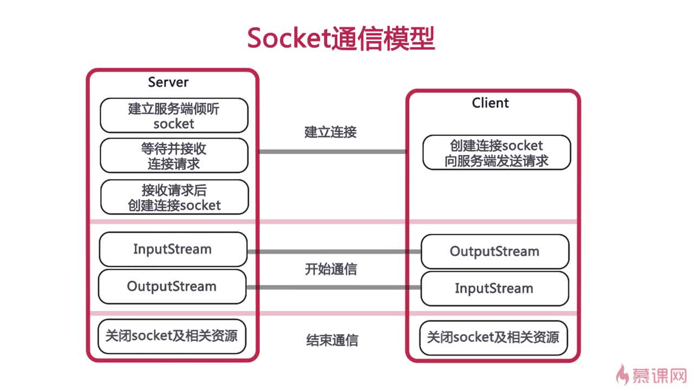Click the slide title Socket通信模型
[341, 38]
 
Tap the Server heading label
[168, 82]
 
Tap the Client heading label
[490, 103]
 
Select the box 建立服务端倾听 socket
[174, 116]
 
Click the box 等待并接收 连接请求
[174, 155]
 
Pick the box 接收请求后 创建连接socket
[174, 197]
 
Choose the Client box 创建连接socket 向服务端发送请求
[496, 153]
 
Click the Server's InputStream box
[172, 249]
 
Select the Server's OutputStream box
[172, 286]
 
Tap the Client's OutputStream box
[494, 251]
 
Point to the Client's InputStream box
[494, 288]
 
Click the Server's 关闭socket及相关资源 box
[172, 336]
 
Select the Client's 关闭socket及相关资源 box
[493, 338]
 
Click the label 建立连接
[330, 132]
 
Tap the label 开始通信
[330, 269]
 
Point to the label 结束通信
[331, 340]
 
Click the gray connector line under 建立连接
[332, 152]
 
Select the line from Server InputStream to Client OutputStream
[334, 251]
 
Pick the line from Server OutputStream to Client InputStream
[334, 287]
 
